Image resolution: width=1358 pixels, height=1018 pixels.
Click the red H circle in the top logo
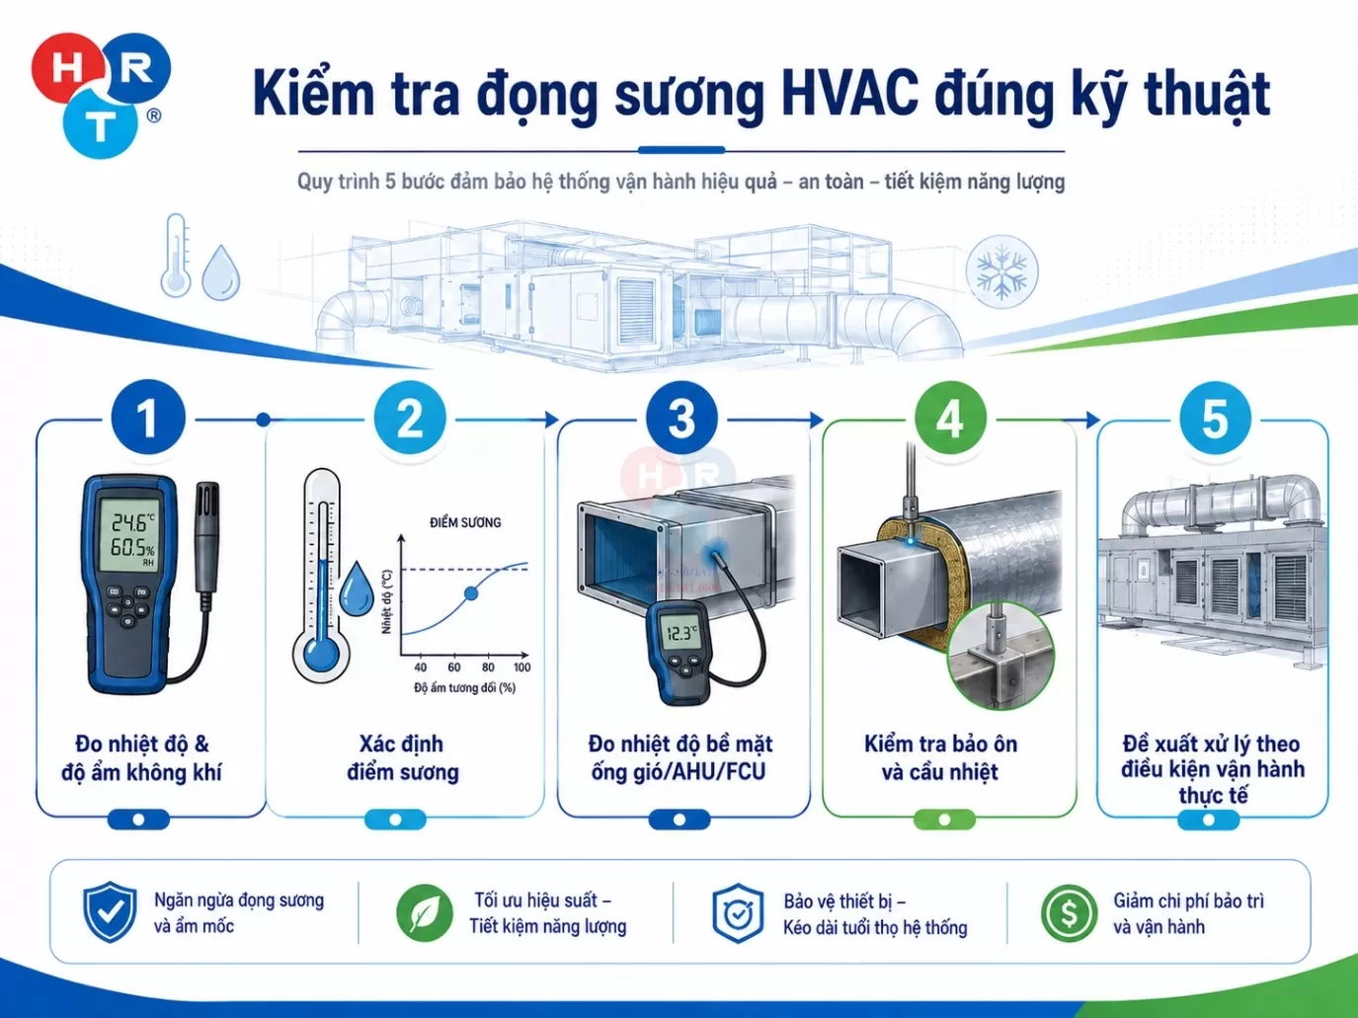66,68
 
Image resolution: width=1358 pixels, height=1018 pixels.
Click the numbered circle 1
148,418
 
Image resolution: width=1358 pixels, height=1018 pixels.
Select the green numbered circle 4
950,419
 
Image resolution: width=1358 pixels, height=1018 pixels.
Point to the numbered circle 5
1215,419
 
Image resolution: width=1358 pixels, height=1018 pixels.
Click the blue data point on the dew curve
471,593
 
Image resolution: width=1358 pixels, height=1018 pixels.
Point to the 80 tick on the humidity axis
488,667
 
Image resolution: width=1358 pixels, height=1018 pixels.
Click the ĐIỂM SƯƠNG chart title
465,522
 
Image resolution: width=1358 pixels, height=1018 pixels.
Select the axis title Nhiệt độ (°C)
387,601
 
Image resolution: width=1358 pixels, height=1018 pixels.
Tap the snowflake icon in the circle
1001,272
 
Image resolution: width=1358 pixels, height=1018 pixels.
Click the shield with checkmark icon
111,911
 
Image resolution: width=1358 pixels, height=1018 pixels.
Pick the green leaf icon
424,912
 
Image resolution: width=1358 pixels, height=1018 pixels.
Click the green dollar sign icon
1069,913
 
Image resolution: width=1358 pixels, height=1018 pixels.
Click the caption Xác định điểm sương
402,757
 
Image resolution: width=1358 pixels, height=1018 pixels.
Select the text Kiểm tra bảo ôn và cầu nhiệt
940,757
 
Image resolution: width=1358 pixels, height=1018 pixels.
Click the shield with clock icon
738,913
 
